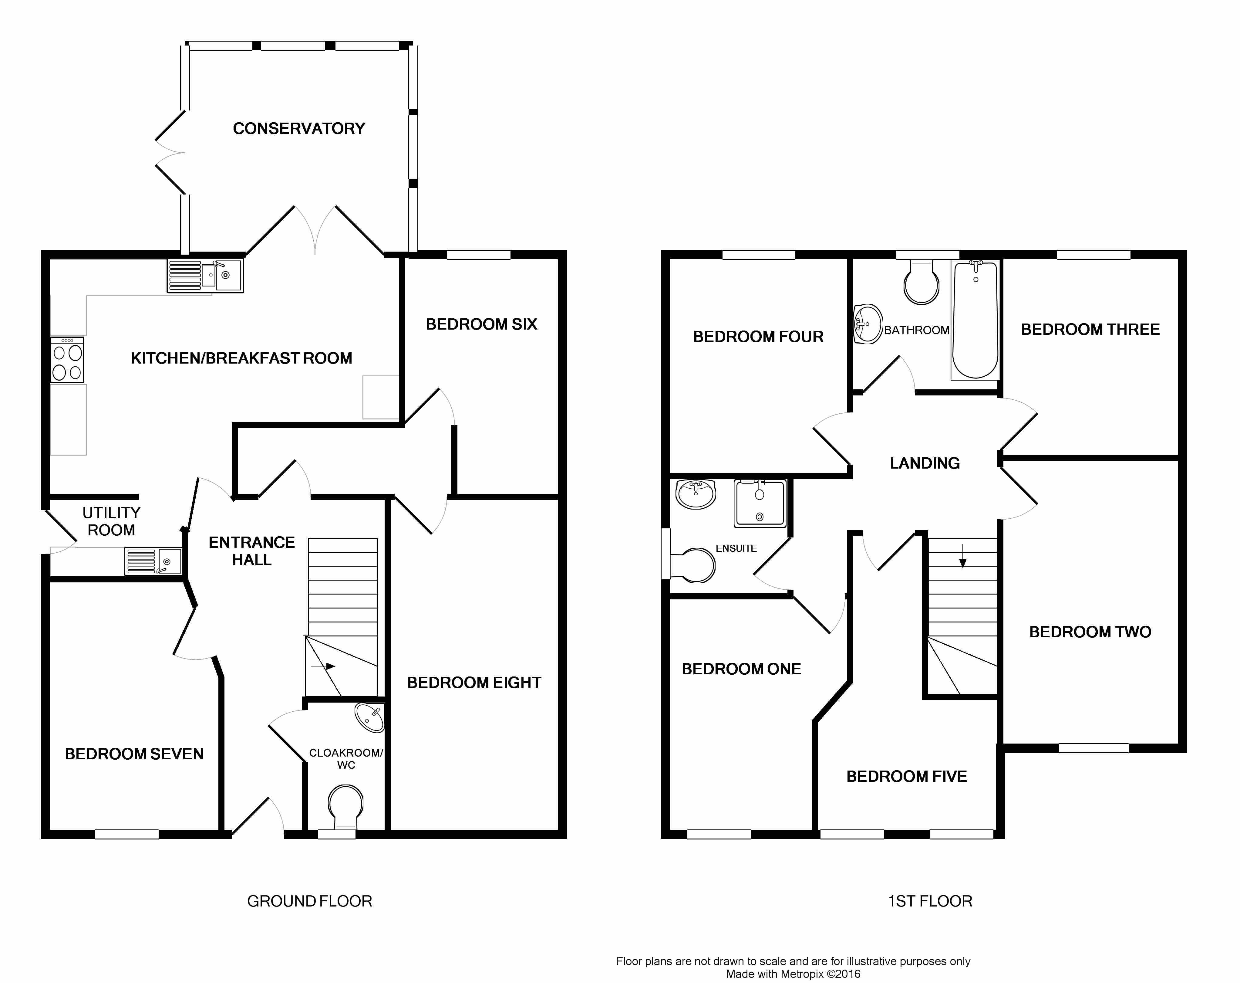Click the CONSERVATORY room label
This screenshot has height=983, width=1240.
pyautogui.click(x=299, y=128)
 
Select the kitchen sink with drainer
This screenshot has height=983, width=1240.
pyautogui.click(x=205, y=276)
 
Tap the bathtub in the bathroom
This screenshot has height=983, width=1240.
pyautogui.click(x=975, y=320)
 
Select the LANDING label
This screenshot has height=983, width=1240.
pyautogui.click(x=925, y=463)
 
